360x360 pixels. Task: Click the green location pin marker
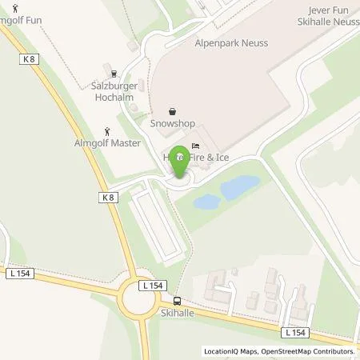181,160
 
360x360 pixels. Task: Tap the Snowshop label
172,125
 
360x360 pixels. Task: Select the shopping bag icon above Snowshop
172,112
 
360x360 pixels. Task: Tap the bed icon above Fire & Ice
196,145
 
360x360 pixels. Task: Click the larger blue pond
238,188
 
